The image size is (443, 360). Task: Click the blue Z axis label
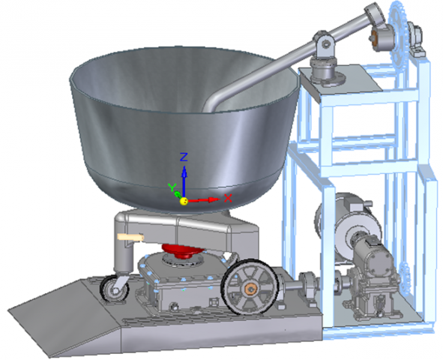(x=184, y=157)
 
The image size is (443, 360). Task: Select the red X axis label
(x=228, y=198)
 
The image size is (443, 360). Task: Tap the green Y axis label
(x=172, y=187)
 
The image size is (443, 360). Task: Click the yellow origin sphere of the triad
(x=184, y=201)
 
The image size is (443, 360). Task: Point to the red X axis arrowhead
(x=214, y=199)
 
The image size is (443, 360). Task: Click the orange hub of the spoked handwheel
(x=250, y=289)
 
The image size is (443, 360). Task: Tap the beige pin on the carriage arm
(x=130, y=237)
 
